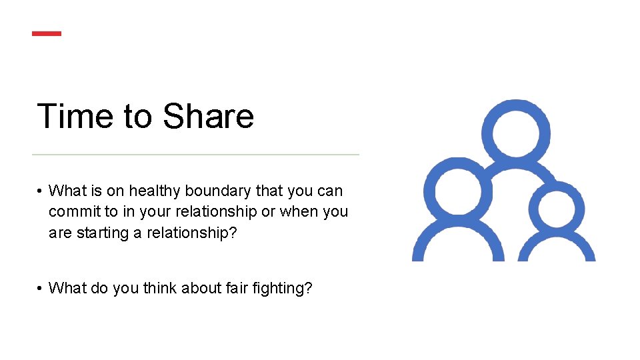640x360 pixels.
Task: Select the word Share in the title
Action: click(208, 116)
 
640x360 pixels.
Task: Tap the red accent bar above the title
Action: click(47, 33)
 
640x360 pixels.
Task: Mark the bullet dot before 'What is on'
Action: click(41, 192)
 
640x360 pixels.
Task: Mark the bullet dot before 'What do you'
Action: click(41, 289)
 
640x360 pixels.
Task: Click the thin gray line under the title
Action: click(195, 155)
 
